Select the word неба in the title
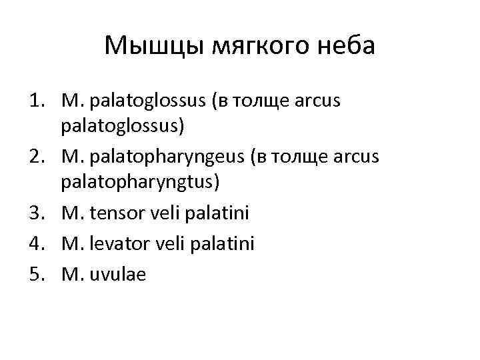[347, 46]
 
